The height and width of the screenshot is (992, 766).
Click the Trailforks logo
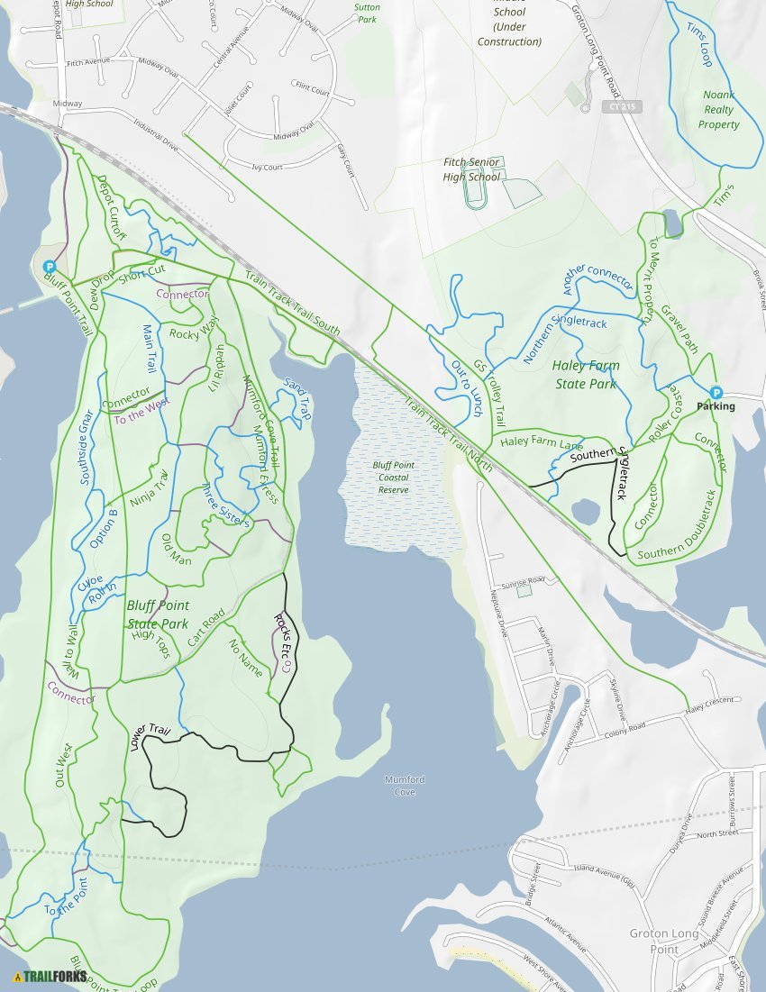(x=50, y=976)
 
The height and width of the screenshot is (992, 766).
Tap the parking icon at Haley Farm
(x=716, y=392)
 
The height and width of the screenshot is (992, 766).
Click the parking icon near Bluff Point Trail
(x=50, y=267)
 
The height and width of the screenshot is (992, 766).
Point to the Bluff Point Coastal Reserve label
(x=394, y=478)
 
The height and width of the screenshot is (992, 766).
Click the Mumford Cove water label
(x=404, y=786)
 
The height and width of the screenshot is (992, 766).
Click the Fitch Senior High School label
(x=471, y=169)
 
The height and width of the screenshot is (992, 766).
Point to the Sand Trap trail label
(x=296, y=399)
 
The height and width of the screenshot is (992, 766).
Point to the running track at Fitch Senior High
(x=473, y=187)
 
